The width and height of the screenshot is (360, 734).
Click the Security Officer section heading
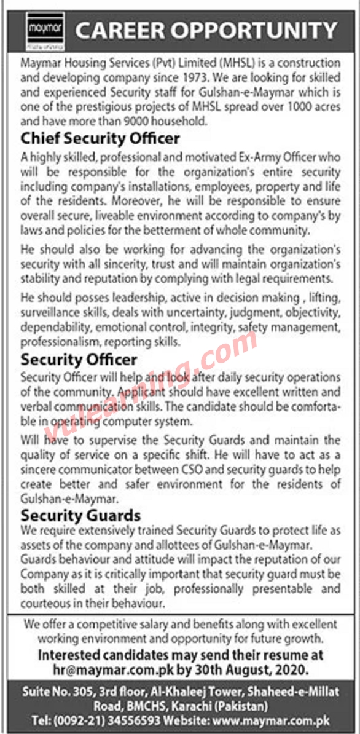click(x=79, y=358)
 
